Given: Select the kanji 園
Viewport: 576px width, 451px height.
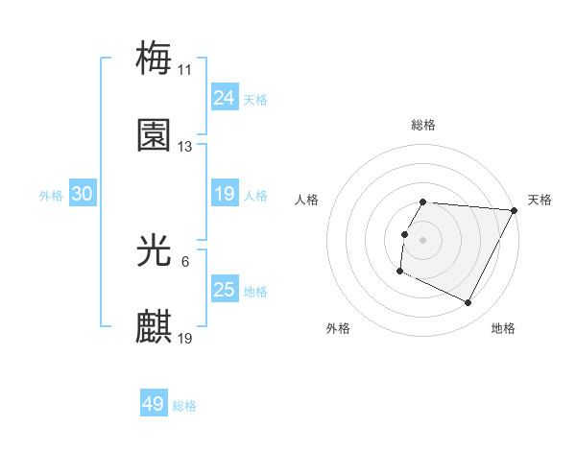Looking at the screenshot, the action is [x=154, y=135].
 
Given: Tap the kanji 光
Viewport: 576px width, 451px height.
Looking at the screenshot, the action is [x=154, y=250].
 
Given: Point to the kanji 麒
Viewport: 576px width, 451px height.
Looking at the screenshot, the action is [x=154, y=327].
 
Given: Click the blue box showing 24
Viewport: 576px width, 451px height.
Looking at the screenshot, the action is [x=224, y=97].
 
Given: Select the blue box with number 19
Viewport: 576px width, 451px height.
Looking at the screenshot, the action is [x=224, y=194].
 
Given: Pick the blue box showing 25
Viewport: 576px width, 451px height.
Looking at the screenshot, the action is [x=224, y=290].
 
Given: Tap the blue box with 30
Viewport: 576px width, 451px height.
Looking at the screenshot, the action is [x=82, y=194].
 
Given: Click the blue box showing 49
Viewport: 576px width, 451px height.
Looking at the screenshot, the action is [x=153, y=404].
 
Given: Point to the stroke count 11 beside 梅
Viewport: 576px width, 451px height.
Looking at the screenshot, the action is [x=185, y=69].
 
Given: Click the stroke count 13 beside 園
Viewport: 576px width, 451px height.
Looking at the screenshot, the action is [x=185, y=147].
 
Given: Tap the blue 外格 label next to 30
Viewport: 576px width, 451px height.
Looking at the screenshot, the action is [x=51, y=195].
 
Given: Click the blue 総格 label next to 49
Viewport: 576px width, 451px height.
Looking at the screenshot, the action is [x=185, y=406].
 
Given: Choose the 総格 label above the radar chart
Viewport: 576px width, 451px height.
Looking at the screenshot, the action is [x=423, y=125].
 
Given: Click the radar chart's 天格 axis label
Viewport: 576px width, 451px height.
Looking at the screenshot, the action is [x=540, y=200].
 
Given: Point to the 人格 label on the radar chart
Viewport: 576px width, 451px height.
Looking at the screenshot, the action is [x=307, y=200].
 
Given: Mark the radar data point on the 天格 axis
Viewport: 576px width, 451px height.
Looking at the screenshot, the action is [x=515, y=210].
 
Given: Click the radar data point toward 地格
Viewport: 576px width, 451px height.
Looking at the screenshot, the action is [x=468, y=303].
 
